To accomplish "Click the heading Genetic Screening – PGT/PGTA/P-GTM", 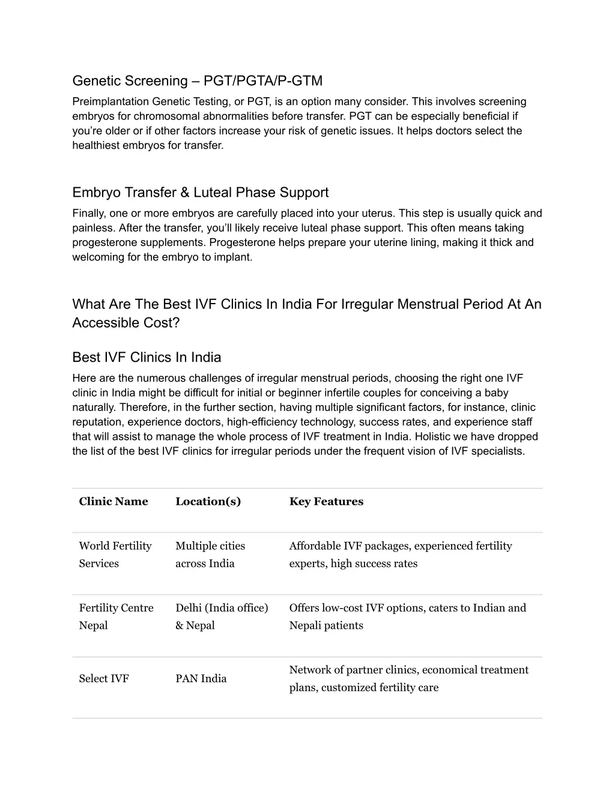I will [x=197, y=80].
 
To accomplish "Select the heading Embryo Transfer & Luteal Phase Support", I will [x=200, y=192].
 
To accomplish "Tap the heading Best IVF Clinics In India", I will [x=147, y=357].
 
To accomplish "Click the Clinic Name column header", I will [x=114, y=502].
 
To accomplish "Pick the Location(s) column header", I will [x=208, y=502].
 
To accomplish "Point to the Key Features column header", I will [x=326, y=502].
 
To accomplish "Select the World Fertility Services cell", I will [x=115, y=554].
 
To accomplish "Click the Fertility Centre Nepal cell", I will [x=116, y=616].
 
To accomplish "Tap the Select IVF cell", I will [x=104, y=679].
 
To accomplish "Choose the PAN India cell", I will [x=201, y=679].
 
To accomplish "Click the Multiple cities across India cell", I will [x=210, y=554].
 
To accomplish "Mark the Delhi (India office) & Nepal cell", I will [x=222, y=616].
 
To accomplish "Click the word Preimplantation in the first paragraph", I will [x=110, y=101].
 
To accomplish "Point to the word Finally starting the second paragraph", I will [x=88, y=213].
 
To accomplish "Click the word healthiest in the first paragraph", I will [x=95, y=145].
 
